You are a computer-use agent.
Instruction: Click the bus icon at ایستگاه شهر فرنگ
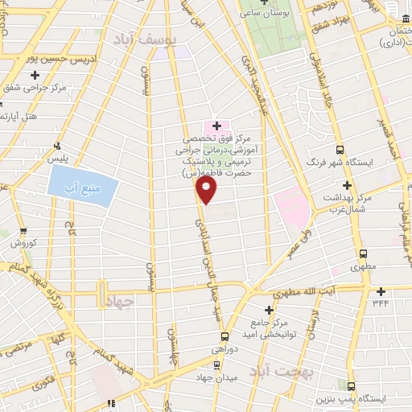pos(340,150)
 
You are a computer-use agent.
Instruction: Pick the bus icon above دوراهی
pos(225,336)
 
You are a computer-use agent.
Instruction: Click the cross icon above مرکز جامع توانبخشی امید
pos(269,309)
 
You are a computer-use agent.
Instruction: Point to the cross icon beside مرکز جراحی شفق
pos(35,75)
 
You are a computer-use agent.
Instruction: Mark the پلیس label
pos(57,159)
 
